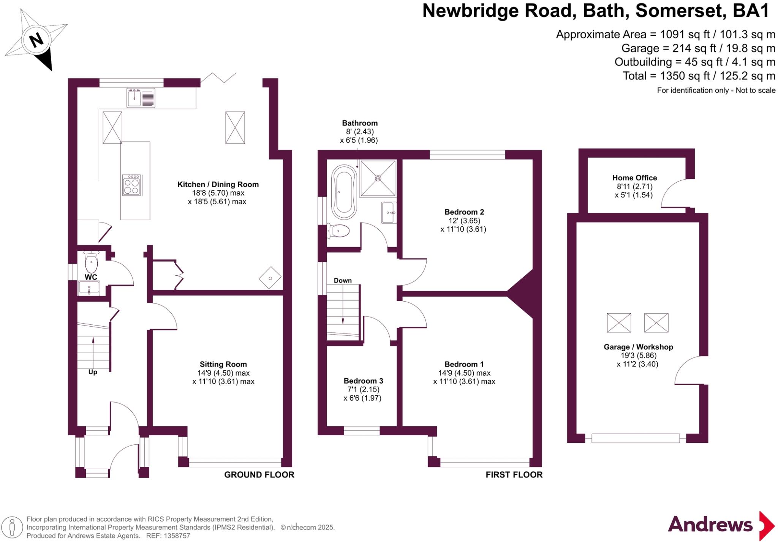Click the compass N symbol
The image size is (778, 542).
pyautogui.click(x=36, y=40)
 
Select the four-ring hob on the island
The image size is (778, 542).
pyautogui.click(x=131, y=185)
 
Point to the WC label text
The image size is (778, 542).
pyautogui.click(x=91, y=277)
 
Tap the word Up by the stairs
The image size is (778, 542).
pyautogui.click(x=93, y=372)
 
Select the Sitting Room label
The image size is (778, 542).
pyautogui.click(x=223, y=364)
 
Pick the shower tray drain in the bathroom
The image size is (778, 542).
pyautogui.click(x=378, y=178)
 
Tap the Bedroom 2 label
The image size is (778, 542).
pyautogui.click(x=464, y=212)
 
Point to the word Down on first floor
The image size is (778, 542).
pyautogui.click(x=342, y=280)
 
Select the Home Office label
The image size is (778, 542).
pyautogui.click(x=634, y=178)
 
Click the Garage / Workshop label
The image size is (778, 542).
pyautogui.click(x=638, y=347)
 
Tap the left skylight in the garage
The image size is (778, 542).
pyautogui.click(x=619, y=323)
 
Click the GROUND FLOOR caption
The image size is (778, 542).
pyautogui.click(x=259, y=475)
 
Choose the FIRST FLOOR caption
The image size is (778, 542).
pyautogui.click(x=514, y=475)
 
